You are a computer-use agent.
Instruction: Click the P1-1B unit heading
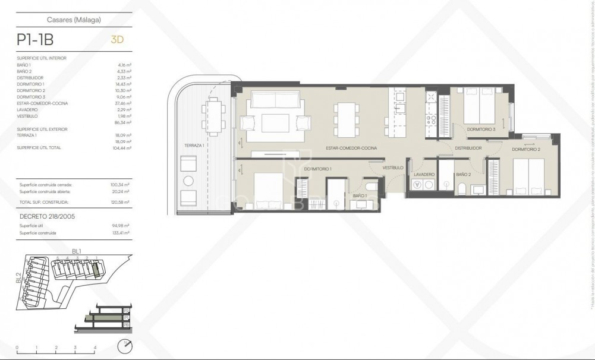[x=35, y=40]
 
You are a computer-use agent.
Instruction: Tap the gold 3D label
[x=117, y=40]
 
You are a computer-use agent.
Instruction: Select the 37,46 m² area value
[x=123, y=103]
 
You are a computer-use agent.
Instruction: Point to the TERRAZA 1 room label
[x=194, y=146]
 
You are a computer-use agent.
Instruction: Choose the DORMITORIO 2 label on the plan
[x=526, y=150]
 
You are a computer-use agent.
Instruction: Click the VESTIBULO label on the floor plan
[x=393, y=168]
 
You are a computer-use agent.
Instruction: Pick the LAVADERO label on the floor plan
[x=424, y=174]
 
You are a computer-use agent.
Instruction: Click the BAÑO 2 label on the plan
[x=463, y=174]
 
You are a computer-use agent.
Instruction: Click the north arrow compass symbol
[x=125, y=346]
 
